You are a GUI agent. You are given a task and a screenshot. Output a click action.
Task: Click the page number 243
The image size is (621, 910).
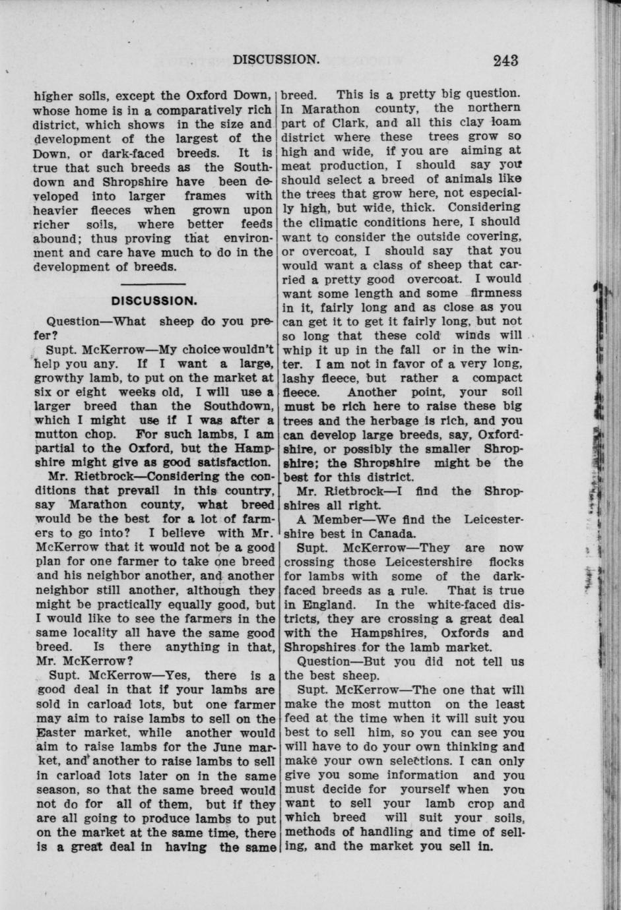(x=506, y=61)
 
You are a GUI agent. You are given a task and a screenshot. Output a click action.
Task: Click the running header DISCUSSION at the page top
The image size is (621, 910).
(x=277, y=59)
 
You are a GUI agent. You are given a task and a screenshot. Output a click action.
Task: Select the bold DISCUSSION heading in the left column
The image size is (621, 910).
(x=154, y=301)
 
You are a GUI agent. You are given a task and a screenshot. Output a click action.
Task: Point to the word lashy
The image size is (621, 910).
(x=301, y=379)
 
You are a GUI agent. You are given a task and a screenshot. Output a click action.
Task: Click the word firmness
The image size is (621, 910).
(x=496, y=293)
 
